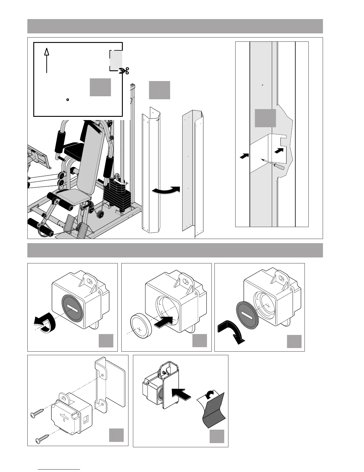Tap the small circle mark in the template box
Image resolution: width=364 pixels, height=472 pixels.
pyautogui.click(x=68, y=100)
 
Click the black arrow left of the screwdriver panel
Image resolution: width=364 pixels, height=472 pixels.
pyautogui.click(x=244, y=155)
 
